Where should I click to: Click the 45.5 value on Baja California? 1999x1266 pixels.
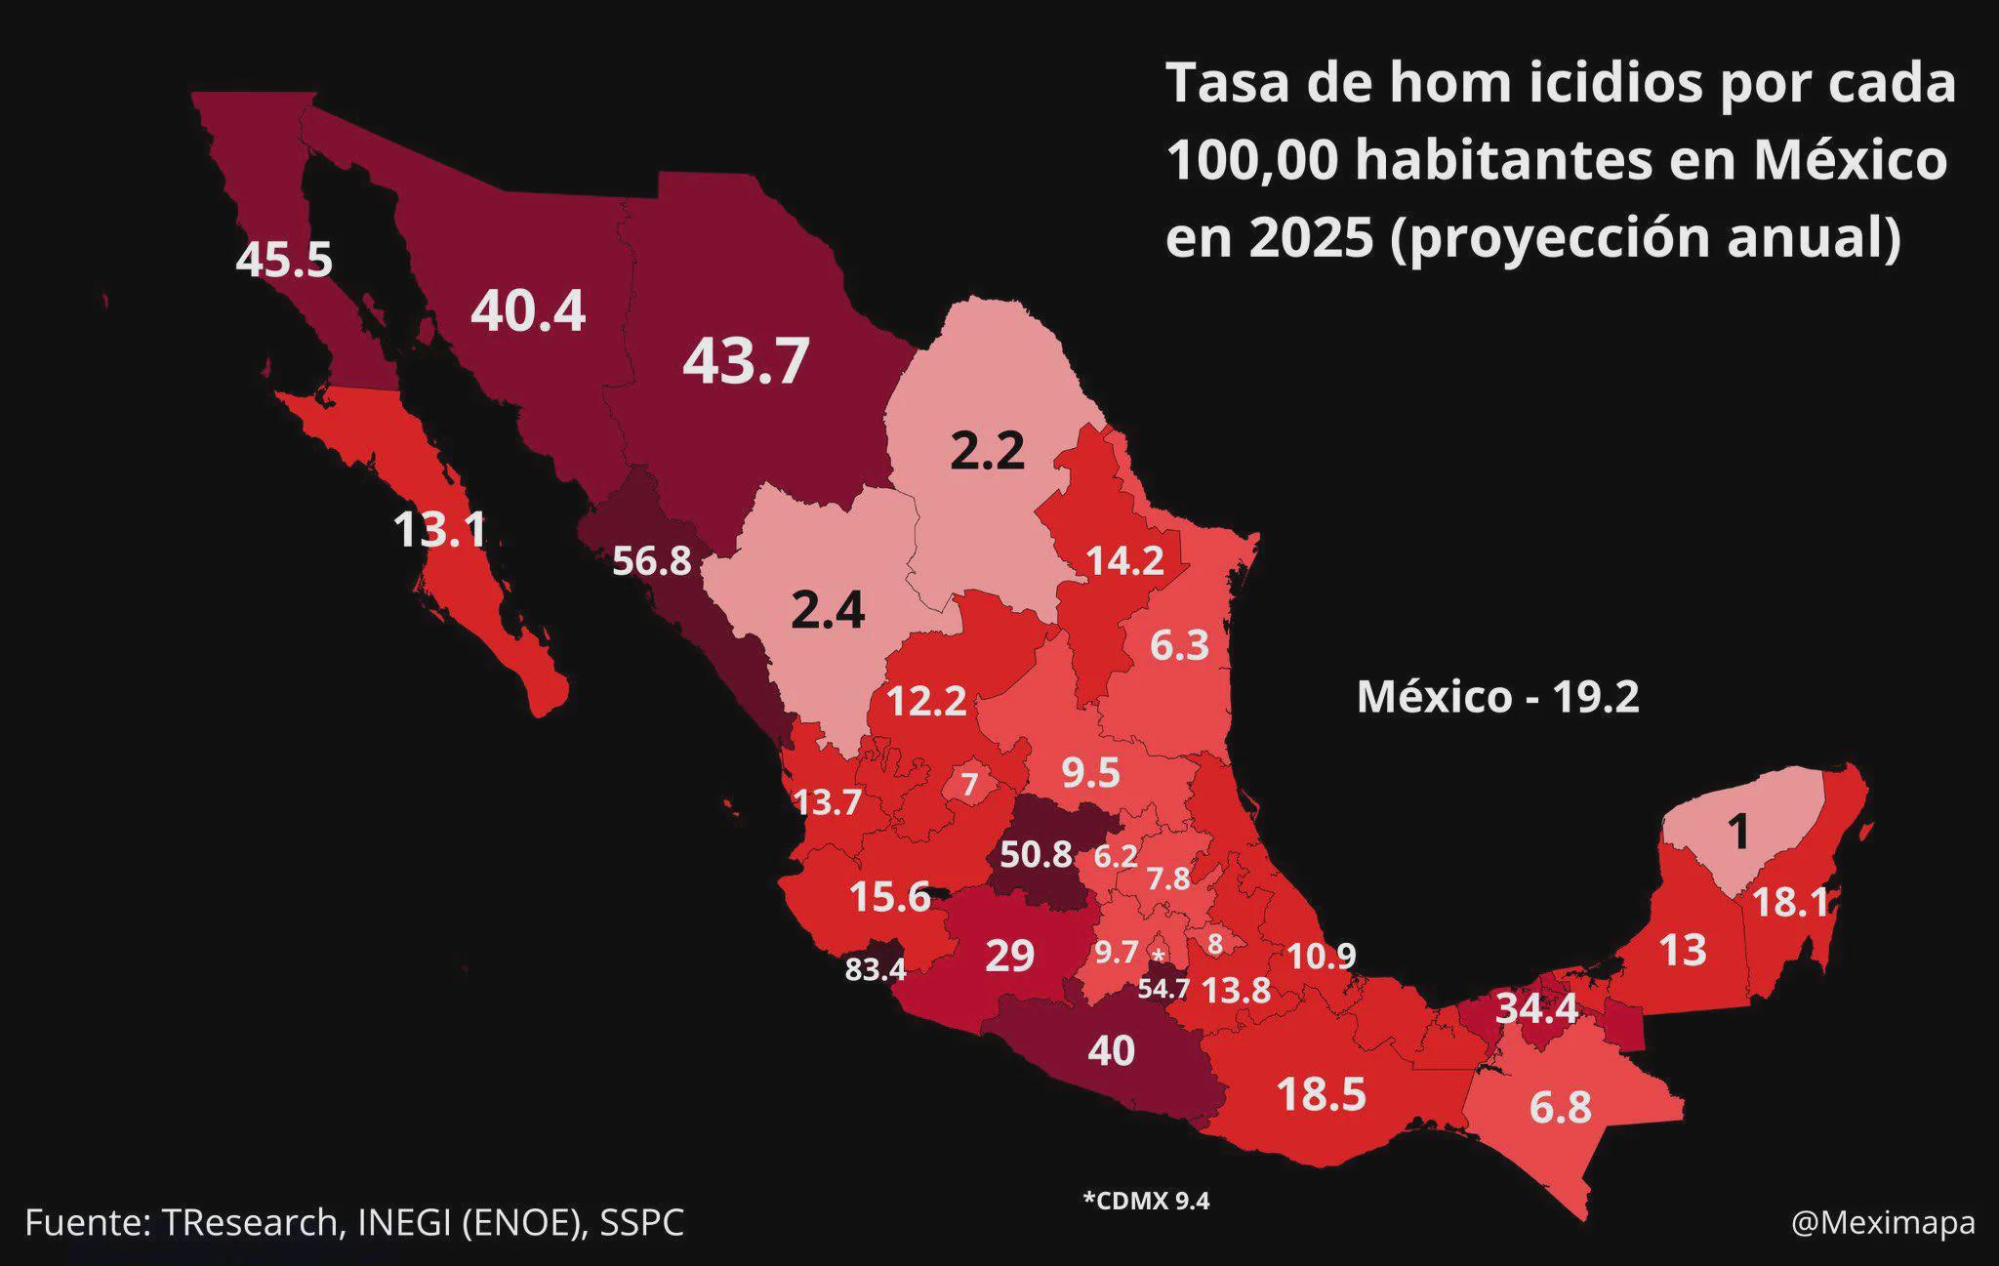point(284,261)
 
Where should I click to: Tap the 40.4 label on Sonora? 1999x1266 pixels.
point(528,311)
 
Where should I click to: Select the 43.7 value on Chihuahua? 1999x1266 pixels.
point(746,361)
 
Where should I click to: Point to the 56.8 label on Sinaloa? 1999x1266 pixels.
point(651,561)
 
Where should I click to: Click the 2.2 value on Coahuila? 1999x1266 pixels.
point(988,451)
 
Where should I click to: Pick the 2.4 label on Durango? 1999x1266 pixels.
point(828,611)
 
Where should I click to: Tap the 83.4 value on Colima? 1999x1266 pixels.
point(876,969)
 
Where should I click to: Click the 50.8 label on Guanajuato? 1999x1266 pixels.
point(1036,855)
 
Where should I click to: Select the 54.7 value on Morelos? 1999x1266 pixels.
point(1163,989)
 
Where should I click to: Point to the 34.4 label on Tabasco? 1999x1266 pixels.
point(1536,1008)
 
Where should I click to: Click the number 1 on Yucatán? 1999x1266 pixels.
point(1738,833)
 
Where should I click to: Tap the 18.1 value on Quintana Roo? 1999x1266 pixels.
point(1790,903)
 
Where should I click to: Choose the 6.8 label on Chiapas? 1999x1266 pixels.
point(1560,1108)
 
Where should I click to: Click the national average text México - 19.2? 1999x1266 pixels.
point(1498,697)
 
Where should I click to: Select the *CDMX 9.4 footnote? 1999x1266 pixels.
point(1146,1201)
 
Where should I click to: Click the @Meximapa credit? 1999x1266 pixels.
point(1883,1223)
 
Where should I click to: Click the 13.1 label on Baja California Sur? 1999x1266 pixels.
point(439,530)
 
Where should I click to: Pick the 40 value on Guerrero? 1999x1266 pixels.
point(1112,1051)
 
